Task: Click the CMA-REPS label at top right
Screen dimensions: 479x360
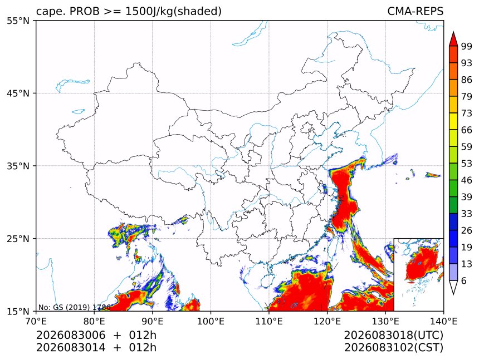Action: (x=415, y=11)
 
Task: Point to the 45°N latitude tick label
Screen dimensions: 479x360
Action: (x=18, y=93)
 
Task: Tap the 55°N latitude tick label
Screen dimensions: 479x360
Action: (x=18, y=21)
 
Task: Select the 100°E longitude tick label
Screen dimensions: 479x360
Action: (x=211, y=321)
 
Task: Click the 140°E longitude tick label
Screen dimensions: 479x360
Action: (x=443, y=321)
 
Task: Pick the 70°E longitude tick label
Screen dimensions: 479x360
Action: (x=36, y=321)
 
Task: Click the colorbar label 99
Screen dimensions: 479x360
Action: (x=467, y=46)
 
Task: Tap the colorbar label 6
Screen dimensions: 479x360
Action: (x=464, y=280)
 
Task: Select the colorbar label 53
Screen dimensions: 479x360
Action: (x=467, y=164)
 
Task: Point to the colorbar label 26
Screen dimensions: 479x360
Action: (x=467, y=230)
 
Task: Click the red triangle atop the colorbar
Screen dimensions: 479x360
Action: (x=453, y=39)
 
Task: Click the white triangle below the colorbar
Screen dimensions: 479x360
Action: (x=453, y=288)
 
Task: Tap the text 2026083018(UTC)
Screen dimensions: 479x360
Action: (x=393, y=335)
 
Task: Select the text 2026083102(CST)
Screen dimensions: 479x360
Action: (x=393, y=348)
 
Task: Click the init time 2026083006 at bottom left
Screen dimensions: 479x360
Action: (x=71, y=335)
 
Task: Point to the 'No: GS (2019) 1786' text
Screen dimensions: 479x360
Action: (x=74, y=307)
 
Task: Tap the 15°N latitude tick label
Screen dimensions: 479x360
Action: (x=18, y=311)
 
